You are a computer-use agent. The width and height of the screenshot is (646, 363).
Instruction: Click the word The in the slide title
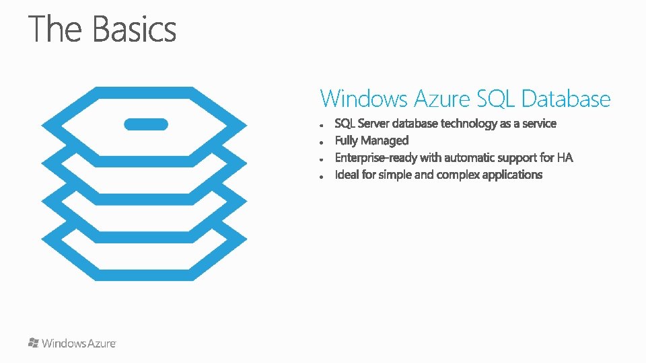(55, 30)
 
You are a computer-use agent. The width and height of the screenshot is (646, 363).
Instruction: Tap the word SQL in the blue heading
(496, 99)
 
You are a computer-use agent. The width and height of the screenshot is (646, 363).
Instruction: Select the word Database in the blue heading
(566, 99)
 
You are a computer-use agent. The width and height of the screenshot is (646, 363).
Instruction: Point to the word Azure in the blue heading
(442, 99)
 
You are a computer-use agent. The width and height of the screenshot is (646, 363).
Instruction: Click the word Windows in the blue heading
(364, 99)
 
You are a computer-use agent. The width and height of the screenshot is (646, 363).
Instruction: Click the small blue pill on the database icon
(146, 124)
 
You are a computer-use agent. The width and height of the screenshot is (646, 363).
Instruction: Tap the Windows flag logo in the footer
(34, 343)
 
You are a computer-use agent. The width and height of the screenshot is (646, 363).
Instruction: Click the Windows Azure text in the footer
(79, 344)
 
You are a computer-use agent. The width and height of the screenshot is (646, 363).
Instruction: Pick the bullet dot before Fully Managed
(324, 142)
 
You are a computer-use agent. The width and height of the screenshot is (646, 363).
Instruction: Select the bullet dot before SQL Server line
(324, 125)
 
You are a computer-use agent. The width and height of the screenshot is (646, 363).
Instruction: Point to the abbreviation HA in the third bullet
(565, 158)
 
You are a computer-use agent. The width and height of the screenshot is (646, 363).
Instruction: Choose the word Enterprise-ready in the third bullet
(376, 158)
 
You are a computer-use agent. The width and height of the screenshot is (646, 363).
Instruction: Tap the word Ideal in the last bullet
(347, 175)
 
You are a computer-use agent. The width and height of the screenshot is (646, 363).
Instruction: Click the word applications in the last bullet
(512, 175)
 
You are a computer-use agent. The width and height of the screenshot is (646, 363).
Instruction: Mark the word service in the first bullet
(539, 124)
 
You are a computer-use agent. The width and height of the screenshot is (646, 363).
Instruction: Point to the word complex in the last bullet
(458, 175)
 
